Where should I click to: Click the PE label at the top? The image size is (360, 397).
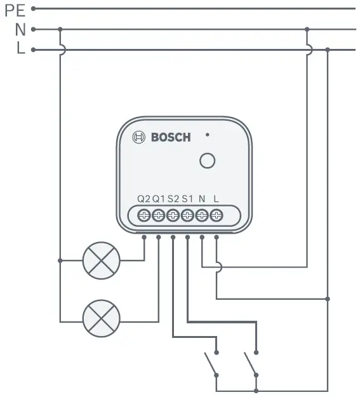point(15,10)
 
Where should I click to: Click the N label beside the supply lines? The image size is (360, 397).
point(20,29)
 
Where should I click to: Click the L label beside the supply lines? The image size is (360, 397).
point(21,50)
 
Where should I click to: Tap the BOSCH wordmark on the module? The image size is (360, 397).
point(170,137)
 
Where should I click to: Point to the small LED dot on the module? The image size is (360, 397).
point(207,135)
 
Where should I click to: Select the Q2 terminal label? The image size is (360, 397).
point(144,198)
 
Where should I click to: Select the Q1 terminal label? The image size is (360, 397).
point(159,198)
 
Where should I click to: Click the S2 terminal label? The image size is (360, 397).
point(173,198)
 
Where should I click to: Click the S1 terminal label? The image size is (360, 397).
point(187,198)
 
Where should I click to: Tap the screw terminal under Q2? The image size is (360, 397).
point(144,215)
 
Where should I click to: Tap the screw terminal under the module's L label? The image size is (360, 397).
point(217,215)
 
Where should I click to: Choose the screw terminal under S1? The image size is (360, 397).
point(187,215)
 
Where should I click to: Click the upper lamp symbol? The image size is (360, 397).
point(102,260)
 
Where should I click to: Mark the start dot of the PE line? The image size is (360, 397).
point(34,9)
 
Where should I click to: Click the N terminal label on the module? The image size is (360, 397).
point(202,198)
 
